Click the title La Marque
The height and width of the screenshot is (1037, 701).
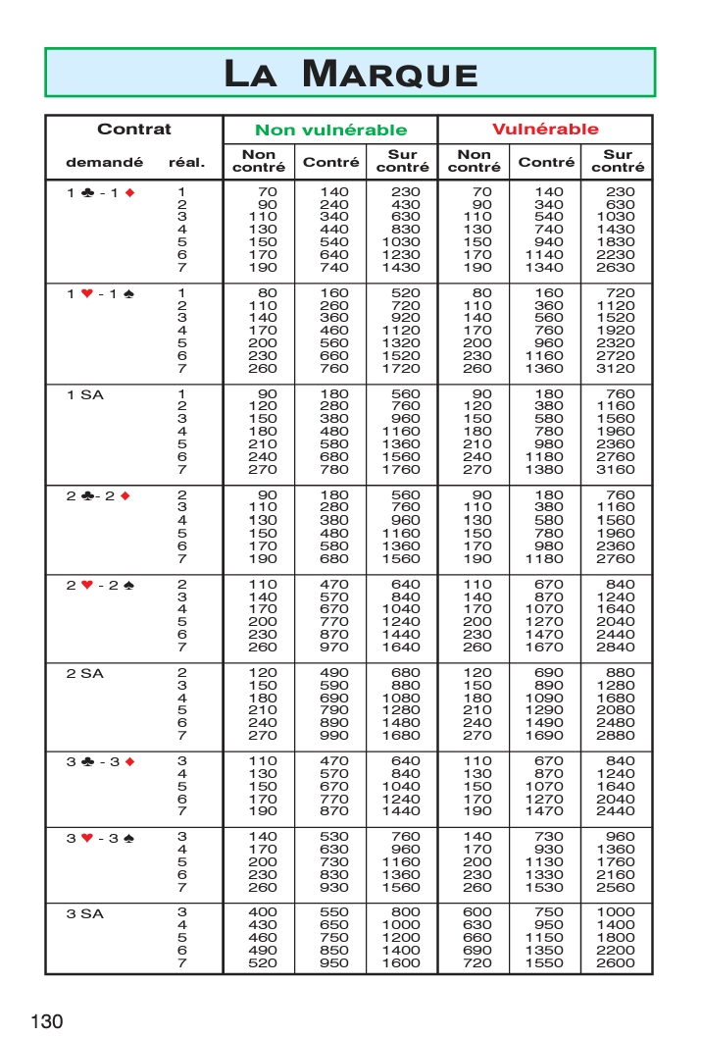(x=350, y=74)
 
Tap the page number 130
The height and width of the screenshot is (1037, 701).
(x=47, y=1020)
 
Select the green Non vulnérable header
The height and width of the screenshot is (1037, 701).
(x=330, y=130)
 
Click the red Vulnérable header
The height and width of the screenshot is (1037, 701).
(x=544, y=130)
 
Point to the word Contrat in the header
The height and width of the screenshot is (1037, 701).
(x=133, y=130)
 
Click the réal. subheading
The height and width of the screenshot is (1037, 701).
(x=186, y=162)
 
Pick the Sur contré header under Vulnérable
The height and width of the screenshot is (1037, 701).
(x=618, y=161)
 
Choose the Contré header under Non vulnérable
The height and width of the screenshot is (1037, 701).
(x=330, y=162)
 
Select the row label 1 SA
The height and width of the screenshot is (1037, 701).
(x=84, y=394)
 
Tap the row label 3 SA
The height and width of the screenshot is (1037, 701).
(x=84, y=913)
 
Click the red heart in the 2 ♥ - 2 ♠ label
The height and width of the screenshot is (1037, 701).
(x=87, y=585)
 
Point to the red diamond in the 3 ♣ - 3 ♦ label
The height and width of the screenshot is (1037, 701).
(x=125, y=761)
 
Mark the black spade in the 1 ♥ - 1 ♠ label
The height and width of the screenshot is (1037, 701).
(x=125, y=293)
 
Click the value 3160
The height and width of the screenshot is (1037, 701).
(x=617, y=470)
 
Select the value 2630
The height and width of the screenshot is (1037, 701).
(x=617, y=268)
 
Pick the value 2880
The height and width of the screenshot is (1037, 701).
(x=617, y=735)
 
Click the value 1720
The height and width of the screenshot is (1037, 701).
(x=401, y=369)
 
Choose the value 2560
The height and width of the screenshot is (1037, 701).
(x=617, y=887)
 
